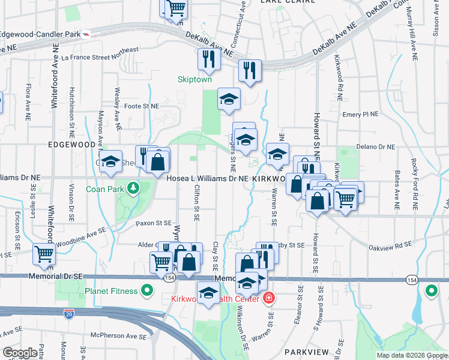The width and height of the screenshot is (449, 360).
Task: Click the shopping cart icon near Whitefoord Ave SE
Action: (x=44, y=254)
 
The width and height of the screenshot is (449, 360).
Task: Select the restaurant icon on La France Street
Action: (x=206, y=59)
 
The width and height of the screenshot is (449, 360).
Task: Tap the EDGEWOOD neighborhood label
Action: (x=71, y=145)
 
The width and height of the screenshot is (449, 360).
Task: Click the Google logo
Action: (x=20, y=353)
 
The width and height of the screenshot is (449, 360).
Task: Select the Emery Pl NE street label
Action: (x=360, y=114)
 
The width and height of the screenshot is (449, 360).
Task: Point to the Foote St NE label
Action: (x=141, y=106)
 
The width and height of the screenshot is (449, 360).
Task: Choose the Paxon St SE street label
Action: (x=155, y=223)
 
